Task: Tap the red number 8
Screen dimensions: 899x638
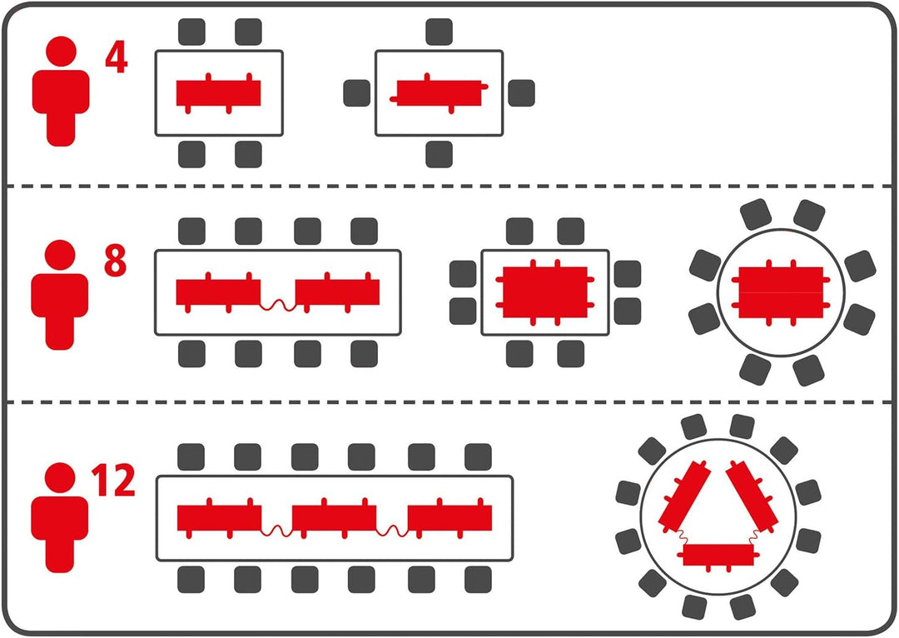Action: pyautogui.click(x=115, y=261)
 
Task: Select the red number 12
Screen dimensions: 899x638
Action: pyautogui.click(x=113, y=481)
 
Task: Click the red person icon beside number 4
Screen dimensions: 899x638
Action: pyautogui.click(x=61, y=92)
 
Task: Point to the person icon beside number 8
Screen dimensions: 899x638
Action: pyautogui.click(x=60, y=295)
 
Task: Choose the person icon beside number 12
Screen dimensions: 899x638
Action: pyautogui.click(x=60, y=517)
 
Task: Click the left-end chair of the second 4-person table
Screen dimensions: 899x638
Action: pyautogui.click(x=356, y=93)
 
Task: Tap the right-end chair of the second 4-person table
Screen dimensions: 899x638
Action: pyautogui.click(x=521, y=93)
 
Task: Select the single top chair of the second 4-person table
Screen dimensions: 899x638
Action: pyautogui.click(x=440, y=32)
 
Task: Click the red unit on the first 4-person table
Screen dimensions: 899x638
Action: pyautogui.click(x=218, y=93)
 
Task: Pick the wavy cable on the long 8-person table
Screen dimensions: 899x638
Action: pyautogui.click(x=278, y=305)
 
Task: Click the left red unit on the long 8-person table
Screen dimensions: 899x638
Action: pyautogui.click(x=218, y=292)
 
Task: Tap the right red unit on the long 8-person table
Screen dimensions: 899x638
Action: pyautogui.click(x=337, y=292)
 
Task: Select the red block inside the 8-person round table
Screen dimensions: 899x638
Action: pyautogui.click(x=781, y=292)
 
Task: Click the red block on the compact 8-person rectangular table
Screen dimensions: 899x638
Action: pyautogui.click(x=544, y=292)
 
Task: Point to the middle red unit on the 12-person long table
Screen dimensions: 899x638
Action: pyautogui.click(x=335, y=518)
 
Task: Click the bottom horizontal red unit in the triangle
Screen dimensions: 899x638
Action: pyautogui.click(x=718, y=556)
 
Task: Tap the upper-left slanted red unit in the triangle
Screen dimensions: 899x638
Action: pyautogui.click(x=684, y=496)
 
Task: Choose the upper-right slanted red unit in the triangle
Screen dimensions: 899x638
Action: pyautogui.click(x=752, y=496)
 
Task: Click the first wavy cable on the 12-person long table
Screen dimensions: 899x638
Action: pyautogui.click(x=277, y=531)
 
